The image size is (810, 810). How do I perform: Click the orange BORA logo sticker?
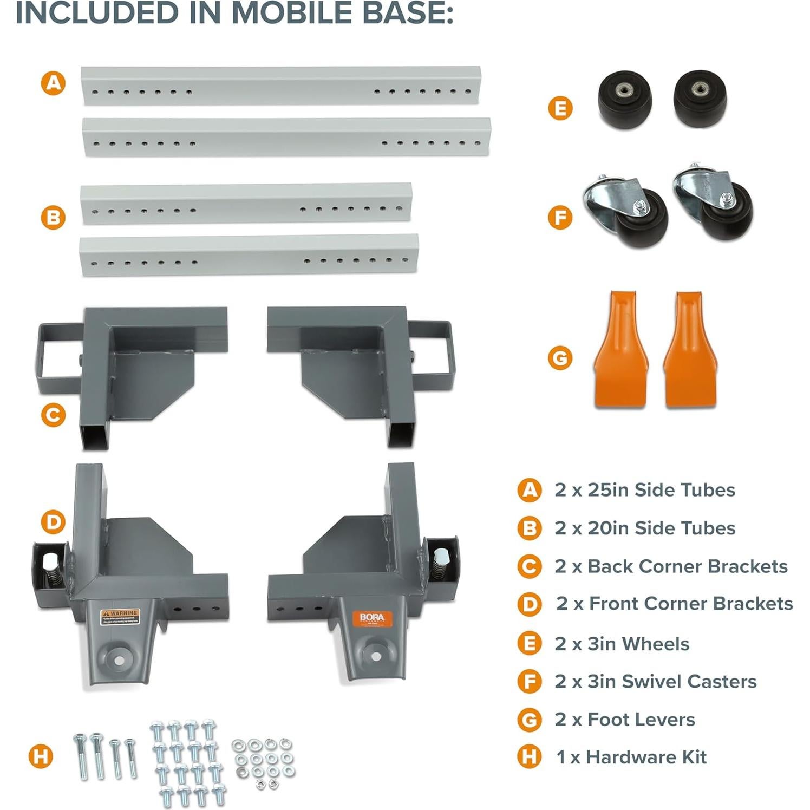[x=372, y=619]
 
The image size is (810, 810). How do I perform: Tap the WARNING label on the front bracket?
[x=120, y=617]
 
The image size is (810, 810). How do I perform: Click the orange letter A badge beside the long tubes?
[x=53, y=83]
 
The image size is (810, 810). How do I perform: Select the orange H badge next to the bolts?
[x=41, y=756]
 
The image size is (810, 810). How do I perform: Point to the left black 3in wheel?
[x=624, y=100]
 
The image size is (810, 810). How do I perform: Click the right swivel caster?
[x=713, y=204]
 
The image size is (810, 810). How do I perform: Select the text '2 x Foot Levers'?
[x=624, y=720]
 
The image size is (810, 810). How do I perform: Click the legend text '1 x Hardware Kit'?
[x=631, y=757]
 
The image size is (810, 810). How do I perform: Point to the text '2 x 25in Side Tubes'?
[x=644, y=490]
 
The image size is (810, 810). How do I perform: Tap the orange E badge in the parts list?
[x=529, y=644]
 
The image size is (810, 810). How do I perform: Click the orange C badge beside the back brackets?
[x=53, y=415]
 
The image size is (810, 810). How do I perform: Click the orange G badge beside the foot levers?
[x=560, y=358]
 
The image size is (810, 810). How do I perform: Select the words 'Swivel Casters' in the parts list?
[x=689, y=682]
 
